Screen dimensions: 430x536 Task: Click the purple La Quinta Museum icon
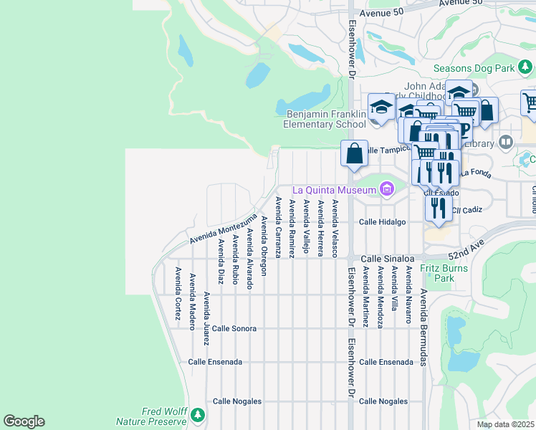point(387,189)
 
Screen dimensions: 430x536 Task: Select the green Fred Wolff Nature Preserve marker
point(197,414)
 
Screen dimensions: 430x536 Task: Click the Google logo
point(24,421)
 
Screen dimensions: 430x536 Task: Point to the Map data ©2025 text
point(506,424)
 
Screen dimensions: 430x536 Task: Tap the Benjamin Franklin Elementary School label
point(326,119)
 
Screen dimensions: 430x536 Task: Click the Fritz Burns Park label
point(444,272)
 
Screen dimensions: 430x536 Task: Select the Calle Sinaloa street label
point(387,258)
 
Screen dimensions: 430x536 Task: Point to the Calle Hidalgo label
point(383,222)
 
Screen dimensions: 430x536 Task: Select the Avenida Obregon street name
point(264,246)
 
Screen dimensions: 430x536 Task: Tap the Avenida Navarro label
point(409,295)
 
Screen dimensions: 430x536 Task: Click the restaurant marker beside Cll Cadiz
point(438,209)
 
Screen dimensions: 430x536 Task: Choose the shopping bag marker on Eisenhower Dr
point(354,154)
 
